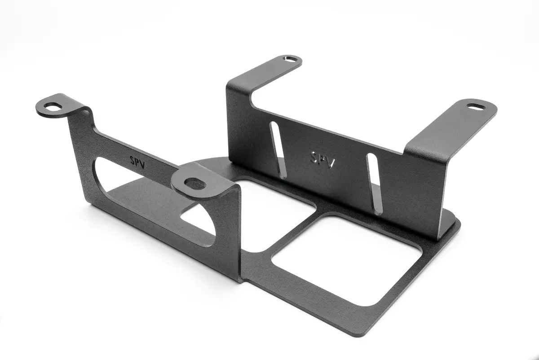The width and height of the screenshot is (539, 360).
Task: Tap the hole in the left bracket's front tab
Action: pyautogui.click(x=195, y=183)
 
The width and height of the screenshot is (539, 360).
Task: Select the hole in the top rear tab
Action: pyautogui.click(x=291, y=59)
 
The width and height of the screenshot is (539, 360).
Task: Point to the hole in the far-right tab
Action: pyautogui.click(x=477, y=106)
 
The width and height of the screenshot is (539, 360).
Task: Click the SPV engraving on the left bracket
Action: pyautogui.click(x=137, y=162)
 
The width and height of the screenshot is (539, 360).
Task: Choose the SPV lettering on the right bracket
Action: pyautogui.click(x=323, y=160)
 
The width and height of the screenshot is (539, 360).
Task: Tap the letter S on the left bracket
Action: pyautogui.click(x=132, y=160)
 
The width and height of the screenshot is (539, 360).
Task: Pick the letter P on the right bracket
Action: pyautogui.click(x=322, y=159)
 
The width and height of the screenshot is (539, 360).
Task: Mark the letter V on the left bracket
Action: pyautogui.click(x=142, y=165)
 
